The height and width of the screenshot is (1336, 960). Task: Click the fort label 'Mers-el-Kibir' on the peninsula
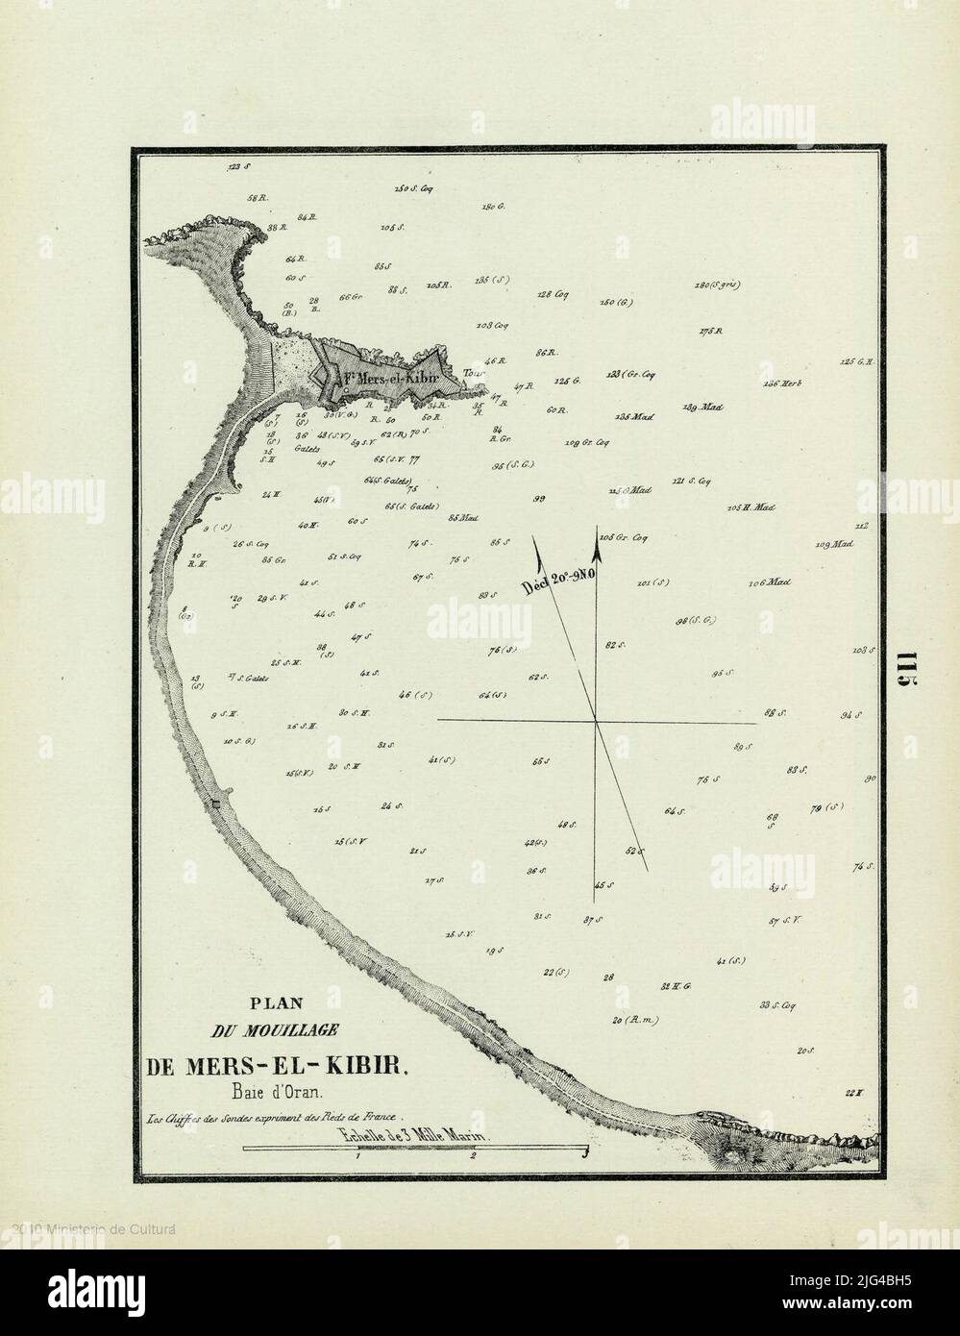pos(389,378)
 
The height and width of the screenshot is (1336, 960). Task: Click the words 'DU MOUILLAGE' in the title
pos(272,1031)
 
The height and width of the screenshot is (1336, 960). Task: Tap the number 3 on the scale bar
pos(584,1156)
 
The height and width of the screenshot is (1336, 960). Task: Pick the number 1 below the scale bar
pos(357,1157)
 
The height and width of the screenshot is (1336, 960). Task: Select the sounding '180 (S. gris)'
pos(722,285)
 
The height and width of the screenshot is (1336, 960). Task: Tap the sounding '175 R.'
pos(711,332)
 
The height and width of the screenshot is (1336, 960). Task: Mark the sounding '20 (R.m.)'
pos(634,1020)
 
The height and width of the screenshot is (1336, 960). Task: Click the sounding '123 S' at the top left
pos(239,167)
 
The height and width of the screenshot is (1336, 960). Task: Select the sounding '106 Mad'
pos(769,582)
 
